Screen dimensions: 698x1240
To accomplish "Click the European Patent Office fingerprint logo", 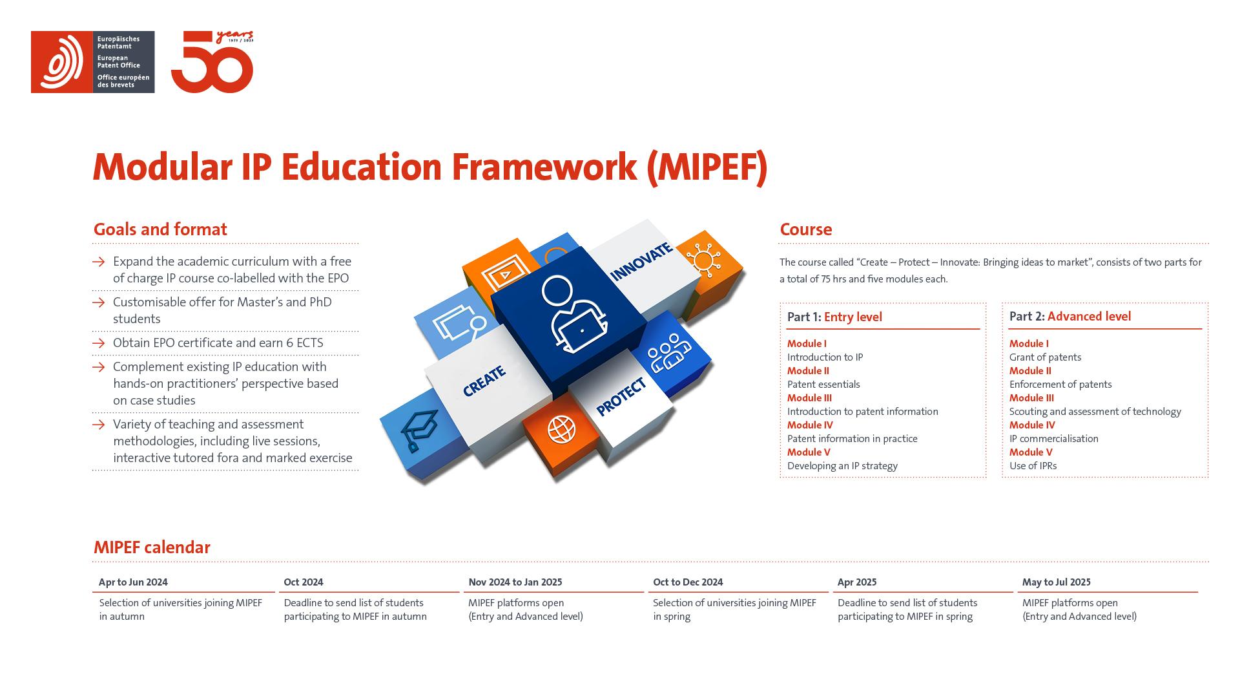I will pos(62,62).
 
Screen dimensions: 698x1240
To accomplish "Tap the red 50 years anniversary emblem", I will pos(212,63).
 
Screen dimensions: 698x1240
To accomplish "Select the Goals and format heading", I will pos(160,229).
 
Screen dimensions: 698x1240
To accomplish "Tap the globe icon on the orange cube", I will pos(561,429).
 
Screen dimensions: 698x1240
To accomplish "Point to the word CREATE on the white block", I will pos(484,381).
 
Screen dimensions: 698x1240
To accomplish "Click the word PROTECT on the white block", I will pos(621,397).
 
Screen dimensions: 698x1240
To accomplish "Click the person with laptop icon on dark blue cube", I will pos(573,315).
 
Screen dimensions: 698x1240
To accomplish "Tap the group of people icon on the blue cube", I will pos(668,353).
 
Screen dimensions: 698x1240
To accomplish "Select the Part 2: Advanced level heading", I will pos(1069,317).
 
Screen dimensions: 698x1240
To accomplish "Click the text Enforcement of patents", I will pos(1060,385).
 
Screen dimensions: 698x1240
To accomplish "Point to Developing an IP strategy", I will pos(842,466).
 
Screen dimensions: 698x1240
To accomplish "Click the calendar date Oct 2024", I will pos(303,582).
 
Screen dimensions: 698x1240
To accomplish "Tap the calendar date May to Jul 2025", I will pos(1056,582).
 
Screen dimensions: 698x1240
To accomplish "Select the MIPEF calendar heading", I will pos(152,547).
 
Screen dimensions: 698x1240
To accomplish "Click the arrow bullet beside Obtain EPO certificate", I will pos(98,343).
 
